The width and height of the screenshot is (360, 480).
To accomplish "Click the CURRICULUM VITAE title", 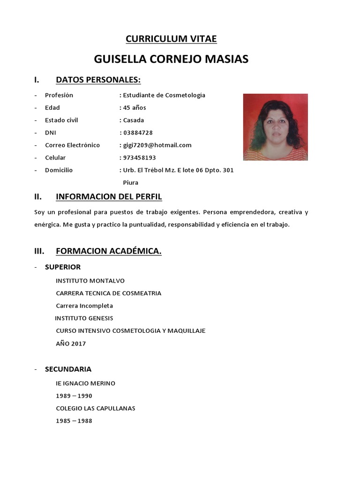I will click(171, 39).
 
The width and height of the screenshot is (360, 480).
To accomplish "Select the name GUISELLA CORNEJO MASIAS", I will click(171, 59).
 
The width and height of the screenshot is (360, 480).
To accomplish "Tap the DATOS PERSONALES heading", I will click(98, 80).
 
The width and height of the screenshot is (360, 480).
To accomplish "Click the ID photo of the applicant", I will click(275, 127).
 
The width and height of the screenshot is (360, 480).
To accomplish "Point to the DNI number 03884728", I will click(137, 133).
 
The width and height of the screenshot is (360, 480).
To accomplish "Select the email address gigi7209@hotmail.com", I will click(157, 145).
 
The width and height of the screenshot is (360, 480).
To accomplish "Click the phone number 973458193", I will click(139, 158).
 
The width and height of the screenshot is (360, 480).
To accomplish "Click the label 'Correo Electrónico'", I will click(72, 145).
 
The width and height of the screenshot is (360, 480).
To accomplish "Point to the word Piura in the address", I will click(130, 183).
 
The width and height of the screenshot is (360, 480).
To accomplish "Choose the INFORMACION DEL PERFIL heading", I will click(109, 196).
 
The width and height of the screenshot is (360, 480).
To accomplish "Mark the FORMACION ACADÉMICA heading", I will click(108, 251).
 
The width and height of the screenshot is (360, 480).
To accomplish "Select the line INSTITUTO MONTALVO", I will click(90, 281).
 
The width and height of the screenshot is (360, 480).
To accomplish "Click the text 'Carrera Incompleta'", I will click(84, 306).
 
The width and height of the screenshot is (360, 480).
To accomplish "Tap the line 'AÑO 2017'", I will click(71, 344).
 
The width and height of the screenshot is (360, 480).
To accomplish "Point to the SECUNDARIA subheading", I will click(68, 369).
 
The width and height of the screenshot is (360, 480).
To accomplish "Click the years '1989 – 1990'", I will click(74, 396).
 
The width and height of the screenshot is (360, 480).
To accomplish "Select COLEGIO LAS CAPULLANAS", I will click(95, 408).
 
